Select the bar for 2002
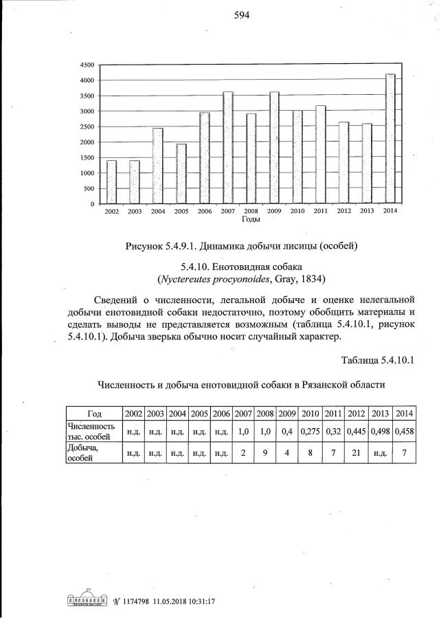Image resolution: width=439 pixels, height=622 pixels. point(111,182)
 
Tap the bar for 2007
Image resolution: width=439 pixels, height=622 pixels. point(227,148)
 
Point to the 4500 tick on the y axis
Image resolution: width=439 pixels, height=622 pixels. point(87,65)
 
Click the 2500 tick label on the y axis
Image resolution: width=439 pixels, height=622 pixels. point(87,127)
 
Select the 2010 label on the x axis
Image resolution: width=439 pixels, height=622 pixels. point(297,211)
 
